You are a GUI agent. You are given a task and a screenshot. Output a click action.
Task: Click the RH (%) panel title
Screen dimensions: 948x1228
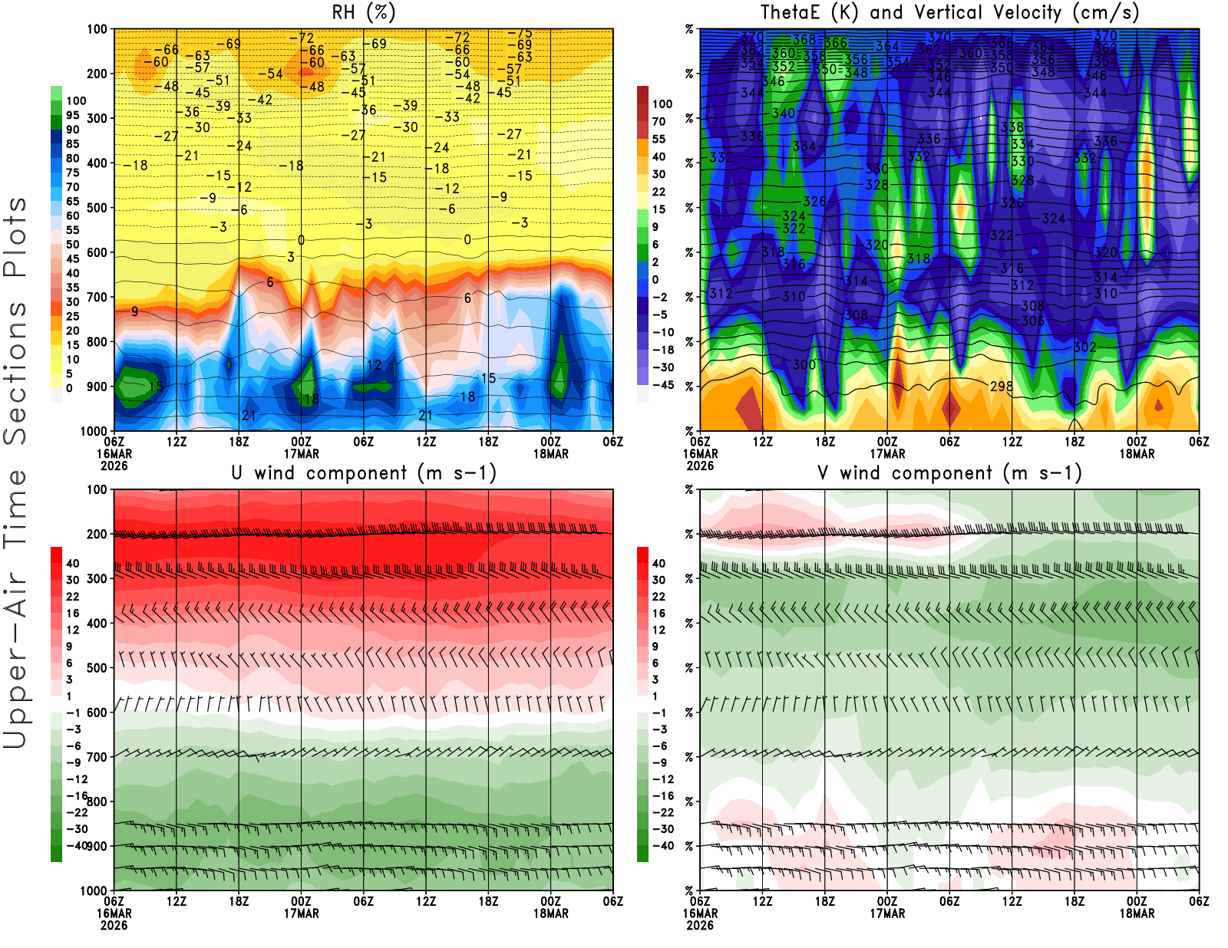[363, 12]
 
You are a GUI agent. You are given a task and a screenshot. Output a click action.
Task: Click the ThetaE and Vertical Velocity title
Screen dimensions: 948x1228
[949, 12]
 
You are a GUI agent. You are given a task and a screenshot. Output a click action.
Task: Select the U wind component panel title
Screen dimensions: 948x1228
[363, 472]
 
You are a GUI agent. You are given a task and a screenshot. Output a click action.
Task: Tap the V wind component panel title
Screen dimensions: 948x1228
[949, 472]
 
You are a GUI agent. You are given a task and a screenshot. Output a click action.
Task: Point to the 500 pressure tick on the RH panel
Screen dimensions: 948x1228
[97, 208]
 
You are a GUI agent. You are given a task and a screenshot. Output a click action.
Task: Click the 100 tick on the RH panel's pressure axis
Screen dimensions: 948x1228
[97, 29]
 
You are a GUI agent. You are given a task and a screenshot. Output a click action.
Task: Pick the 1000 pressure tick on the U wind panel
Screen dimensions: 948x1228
[94, 890]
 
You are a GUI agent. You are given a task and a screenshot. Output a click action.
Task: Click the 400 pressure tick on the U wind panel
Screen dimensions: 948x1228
[97, 623]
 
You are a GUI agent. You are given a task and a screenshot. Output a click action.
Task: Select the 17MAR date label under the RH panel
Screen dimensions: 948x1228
[301, 453]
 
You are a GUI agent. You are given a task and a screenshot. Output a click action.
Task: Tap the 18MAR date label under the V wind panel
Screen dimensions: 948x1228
[1137, 913]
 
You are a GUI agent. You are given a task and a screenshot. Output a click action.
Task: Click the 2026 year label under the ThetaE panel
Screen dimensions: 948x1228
[700, 466]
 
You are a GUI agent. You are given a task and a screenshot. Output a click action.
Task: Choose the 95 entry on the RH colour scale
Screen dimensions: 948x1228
[73, 115]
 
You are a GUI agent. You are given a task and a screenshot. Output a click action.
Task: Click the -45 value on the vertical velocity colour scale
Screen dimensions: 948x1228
[662, 385]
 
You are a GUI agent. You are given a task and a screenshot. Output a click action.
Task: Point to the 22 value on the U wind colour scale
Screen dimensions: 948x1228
[73, 597]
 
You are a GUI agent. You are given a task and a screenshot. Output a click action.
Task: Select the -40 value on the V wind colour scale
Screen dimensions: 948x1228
[662, 846]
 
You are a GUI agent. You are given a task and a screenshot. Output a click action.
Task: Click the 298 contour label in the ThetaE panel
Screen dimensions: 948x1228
[1001, 387]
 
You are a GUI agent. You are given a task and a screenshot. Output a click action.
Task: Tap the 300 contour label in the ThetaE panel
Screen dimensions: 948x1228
[804, 365]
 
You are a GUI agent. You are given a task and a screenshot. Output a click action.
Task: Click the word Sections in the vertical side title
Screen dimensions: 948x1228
[15, 372]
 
